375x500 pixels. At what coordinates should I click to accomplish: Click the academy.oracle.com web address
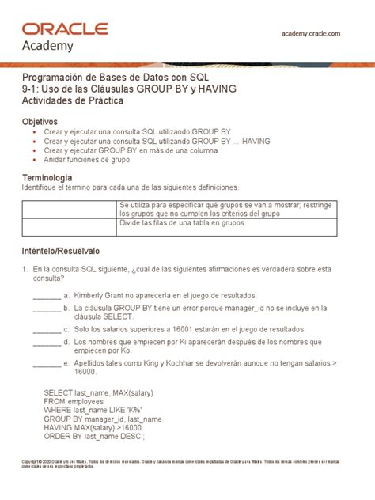coord(311,33)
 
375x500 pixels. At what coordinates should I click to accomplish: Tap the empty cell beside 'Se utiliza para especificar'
coord(69,210)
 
